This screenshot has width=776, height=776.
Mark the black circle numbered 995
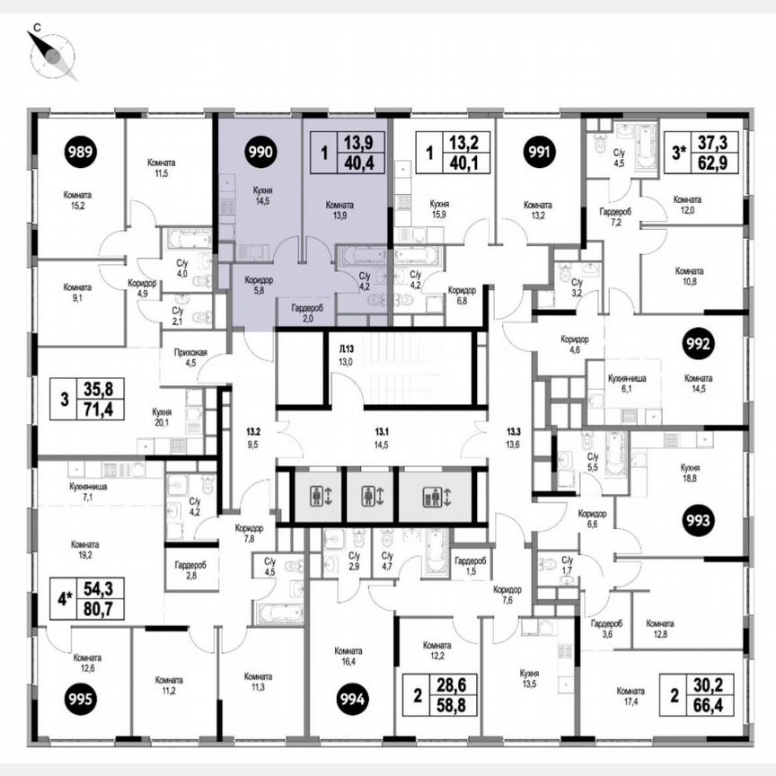click(x=81, y=698)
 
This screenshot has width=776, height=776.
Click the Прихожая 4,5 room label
click(x=190, y=357)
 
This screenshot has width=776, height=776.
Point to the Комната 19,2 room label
click(x=86, y=551)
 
